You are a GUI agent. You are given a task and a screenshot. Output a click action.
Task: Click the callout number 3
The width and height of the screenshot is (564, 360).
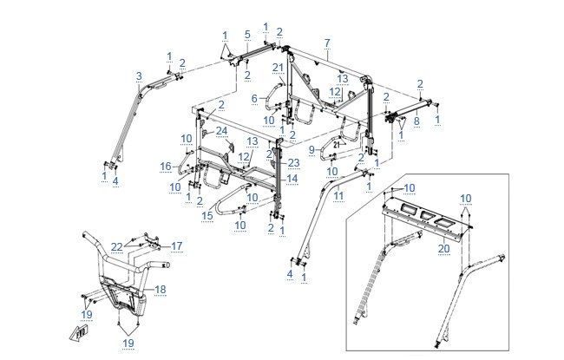[139, 76]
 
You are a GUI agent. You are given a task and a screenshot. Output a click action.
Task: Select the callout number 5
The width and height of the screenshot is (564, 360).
[247, 35]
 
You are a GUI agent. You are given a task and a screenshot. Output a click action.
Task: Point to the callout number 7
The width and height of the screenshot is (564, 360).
[327, 43]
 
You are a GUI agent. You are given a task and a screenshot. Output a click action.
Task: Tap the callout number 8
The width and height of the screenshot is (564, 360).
[416, 121]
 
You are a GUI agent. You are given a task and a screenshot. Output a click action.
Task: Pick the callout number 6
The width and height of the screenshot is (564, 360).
[254, 99]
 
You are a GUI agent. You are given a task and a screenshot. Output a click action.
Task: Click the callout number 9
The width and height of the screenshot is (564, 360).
[312, 149]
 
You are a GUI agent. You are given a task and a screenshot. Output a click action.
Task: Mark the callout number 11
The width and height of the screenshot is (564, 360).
[338, 196]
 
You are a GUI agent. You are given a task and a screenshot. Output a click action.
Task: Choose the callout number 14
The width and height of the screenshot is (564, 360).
[292, 179]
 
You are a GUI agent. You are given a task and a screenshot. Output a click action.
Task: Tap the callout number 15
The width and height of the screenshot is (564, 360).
[207, 216]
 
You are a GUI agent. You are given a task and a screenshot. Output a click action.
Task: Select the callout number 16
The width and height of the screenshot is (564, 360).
[166, 167]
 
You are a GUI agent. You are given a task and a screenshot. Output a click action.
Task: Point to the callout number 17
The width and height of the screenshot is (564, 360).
[177, 246]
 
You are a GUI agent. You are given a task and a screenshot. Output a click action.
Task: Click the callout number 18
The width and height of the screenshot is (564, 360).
[160, 290]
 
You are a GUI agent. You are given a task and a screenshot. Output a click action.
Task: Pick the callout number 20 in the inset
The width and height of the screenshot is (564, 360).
[444, 248]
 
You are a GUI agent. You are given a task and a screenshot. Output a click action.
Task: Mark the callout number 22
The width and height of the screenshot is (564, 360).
[117, 247]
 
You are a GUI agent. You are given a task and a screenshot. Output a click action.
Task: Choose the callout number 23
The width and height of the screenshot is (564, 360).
[293, 163]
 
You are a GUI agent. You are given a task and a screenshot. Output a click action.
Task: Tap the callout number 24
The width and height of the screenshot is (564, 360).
[221, 131]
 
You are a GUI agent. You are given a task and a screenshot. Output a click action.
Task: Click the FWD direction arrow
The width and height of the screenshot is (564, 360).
[79, 334]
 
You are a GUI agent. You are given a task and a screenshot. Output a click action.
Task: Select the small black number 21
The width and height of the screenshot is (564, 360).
[337, 145]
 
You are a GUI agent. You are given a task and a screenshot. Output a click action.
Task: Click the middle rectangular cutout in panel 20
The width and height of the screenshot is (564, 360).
[427, 215]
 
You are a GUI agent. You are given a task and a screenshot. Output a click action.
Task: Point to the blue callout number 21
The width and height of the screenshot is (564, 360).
[278, 68]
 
